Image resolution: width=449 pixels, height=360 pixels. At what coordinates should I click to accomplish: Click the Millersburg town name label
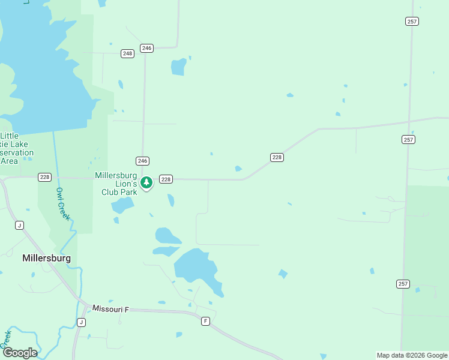pos(46,258)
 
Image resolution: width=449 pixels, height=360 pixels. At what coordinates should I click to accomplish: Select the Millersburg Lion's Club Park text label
pos(116,184)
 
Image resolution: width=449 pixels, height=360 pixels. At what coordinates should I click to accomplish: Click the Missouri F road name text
pos(110,308)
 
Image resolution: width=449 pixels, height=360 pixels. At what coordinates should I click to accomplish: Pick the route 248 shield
pos(127,53)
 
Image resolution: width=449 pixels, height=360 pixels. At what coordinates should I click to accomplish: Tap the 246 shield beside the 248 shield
pos(146,48)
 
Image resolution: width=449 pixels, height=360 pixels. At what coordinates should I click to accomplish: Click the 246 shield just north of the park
pos(142,161)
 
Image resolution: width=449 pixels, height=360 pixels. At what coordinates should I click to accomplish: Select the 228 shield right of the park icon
pos(166,179)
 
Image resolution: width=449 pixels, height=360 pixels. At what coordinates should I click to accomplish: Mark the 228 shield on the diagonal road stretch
pos(276,157)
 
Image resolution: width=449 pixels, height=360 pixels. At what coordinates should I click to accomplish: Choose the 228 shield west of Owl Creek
pos(44,177)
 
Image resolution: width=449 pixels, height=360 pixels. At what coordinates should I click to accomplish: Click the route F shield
pos(205,321)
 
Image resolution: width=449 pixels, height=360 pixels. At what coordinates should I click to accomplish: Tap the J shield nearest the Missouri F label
pos(81,322)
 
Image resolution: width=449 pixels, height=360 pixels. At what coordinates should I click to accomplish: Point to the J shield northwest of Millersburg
pos(19,225)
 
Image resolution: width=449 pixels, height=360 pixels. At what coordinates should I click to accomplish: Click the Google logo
pos(19,352)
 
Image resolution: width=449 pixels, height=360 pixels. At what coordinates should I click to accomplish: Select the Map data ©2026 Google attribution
pos(412,355)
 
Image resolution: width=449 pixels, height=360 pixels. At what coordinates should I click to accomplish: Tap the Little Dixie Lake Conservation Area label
pos(16,148)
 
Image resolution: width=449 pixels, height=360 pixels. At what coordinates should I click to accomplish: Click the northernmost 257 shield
pos(411,21)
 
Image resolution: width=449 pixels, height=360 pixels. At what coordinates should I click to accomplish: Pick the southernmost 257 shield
pos(403,283)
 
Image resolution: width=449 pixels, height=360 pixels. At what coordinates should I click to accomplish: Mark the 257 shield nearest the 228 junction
pos(408,139)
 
